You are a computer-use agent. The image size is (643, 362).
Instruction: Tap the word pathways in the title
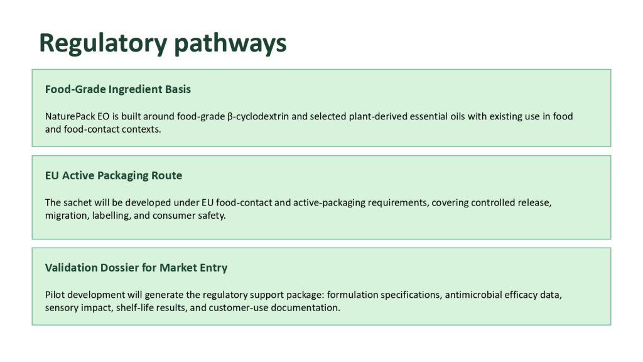230,43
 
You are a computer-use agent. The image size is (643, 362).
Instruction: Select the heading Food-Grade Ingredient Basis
117,89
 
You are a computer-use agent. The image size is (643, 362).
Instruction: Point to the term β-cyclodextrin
258,116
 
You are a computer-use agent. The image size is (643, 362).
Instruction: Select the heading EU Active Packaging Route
114,176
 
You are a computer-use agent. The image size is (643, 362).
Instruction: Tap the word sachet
78,203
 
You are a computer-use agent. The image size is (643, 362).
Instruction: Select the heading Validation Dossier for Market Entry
136,268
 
